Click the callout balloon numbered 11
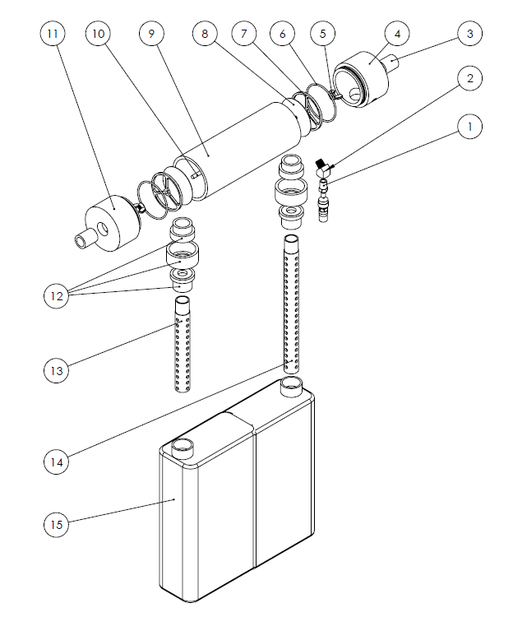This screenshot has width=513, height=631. (x=53, y=34)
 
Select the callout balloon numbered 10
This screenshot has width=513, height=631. (x=98, y=34)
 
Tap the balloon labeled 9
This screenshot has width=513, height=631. (x=151, y=34)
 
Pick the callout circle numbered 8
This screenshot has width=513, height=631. (x=205, y=34)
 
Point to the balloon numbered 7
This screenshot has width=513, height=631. (x=243, y=34)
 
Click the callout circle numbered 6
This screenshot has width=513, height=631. (x=282, y=34)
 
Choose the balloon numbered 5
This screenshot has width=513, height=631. (x=322, y=34)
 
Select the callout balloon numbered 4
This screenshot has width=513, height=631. (x=397, y=34)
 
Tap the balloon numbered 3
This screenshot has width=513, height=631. (x=469, y=34)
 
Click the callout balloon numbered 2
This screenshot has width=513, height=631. (x=469, y=78)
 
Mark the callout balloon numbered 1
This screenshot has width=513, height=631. (x=469, y=127)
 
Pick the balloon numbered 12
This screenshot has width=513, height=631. (x=56, y=296)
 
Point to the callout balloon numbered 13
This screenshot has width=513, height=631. (x=56, y=370)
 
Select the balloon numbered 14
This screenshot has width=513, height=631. (x=56, y=462)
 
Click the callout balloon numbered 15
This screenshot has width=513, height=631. (x=56, y=524)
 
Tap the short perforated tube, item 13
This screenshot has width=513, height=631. (x=183, y=344)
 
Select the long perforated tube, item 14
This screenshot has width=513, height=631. (x=291, y=304)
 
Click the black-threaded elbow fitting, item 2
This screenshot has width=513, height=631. (x=322, y=168)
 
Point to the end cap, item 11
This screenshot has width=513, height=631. (x=109, y=224)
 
